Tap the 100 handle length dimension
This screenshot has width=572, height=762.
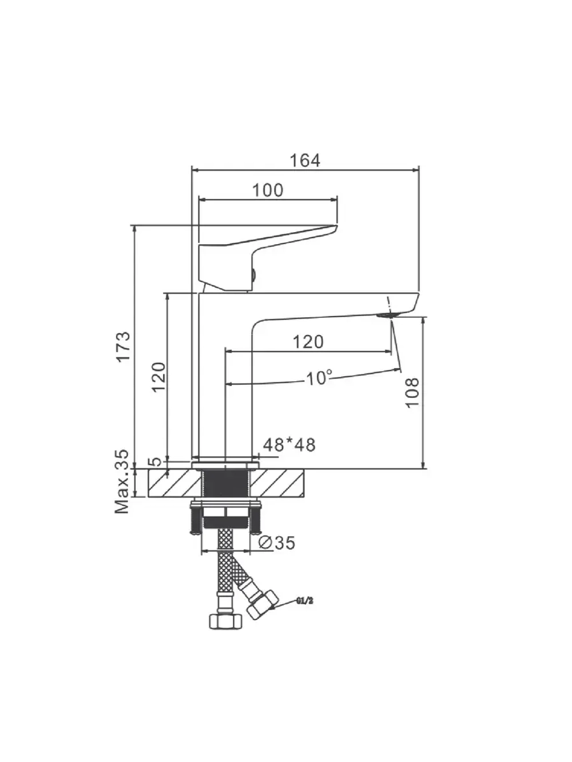[268, 190]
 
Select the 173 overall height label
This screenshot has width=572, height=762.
[124, 347]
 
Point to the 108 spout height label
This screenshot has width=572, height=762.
[412, 393]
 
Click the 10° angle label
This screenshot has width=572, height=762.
[319, 377]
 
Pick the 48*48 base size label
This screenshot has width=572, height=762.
[289, 444]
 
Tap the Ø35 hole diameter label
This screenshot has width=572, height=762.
[277, 543]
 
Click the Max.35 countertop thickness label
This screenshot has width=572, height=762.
[122, 482]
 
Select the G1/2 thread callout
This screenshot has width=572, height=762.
[305, 600]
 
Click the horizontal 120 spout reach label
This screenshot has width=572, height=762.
[308, 342]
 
